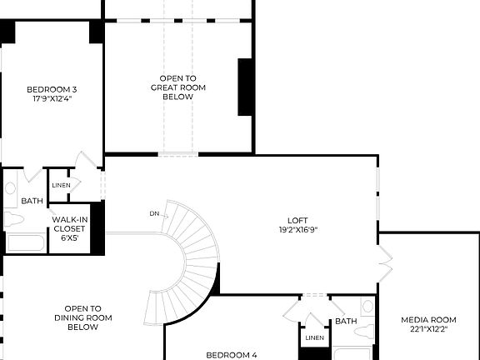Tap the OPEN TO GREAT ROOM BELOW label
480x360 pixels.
(x=177, y=87)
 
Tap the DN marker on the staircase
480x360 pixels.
(x=154, y=214)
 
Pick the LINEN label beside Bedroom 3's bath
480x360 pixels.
(x=61, y=186)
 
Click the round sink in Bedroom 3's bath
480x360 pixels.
(x=10, y=188)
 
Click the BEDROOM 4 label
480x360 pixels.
(x=231, y=355)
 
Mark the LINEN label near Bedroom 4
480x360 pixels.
(x=314, y=337)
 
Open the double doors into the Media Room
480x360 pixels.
(x=384, y=260)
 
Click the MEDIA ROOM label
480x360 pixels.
(x=428, y=319)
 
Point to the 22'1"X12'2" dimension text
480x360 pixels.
(x=428, y=329)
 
